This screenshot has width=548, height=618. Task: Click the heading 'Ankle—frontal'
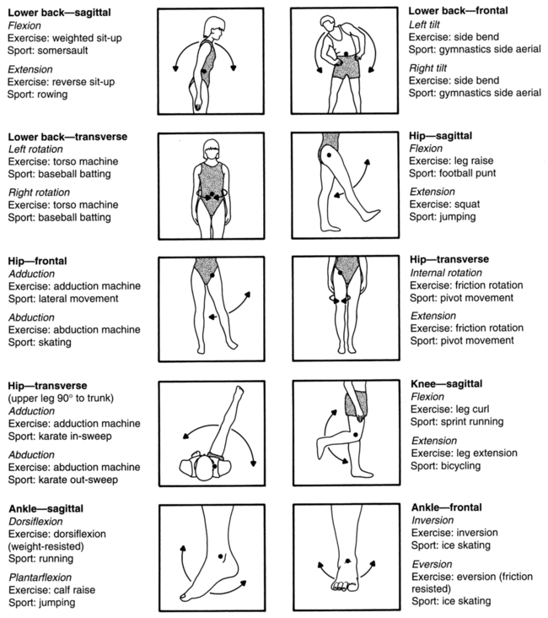point(446,507)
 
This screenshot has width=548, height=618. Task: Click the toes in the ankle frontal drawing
point(344,584)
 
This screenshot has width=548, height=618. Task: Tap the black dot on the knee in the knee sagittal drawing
point(356,434)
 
